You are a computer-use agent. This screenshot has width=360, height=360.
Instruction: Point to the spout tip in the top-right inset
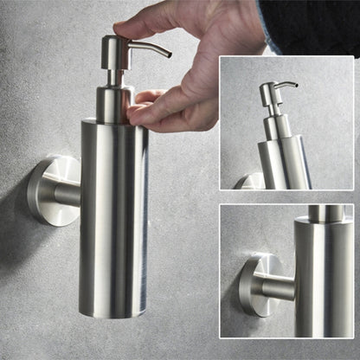pyautogui.click(x=295, y=86)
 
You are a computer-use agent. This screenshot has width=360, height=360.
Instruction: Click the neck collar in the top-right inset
pyautogui.click(x=273, y=126)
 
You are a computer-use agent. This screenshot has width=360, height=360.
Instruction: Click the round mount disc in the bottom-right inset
pyautogui.click(x=252, y=286)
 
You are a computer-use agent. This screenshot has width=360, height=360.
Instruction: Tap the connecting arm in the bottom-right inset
pyautogui.click(x=277, y=287)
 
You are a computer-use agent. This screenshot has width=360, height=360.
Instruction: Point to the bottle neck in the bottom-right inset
pyautogui.click(x=324, y=213)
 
